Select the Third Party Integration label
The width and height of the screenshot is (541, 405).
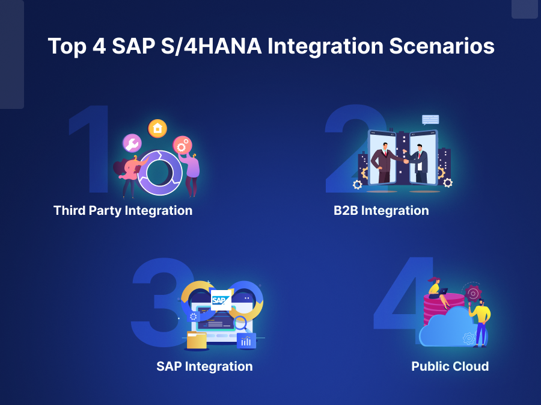pos(123,211)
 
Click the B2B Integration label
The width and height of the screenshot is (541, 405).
pos(381,211)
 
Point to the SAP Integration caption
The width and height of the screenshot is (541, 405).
pos(204,366)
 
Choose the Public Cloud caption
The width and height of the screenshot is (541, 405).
pos(450,366)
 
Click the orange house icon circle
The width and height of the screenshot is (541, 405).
pos(157,128)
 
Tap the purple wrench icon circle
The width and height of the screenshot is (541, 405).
pos(132,143)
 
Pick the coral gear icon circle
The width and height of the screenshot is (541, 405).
pos(182,144)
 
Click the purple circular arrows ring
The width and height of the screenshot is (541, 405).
pos(159,172)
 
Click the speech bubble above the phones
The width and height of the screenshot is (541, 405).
pos(430,120)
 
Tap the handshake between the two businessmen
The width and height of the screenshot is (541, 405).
pos(403,161)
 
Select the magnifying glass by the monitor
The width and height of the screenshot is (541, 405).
pos(240,323)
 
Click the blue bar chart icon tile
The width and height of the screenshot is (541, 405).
pos(246,341)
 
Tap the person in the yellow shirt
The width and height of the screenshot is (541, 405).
pos(480,322)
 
